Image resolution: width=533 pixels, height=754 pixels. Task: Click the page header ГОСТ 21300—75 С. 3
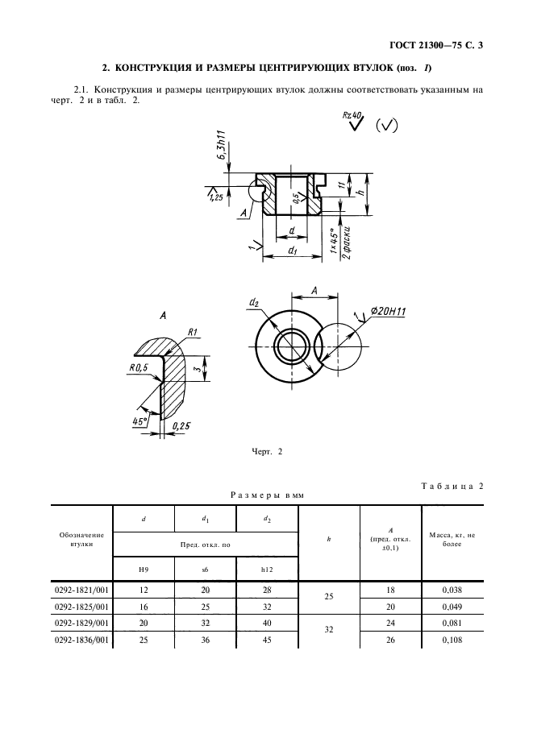coord(435,46)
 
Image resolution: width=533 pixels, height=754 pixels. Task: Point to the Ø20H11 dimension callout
coord(388,312)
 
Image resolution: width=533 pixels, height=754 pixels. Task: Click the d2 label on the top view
coord(254,302)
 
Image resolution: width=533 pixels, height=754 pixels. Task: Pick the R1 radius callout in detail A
coord(193,332)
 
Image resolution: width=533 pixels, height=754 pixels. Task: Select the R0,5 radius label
coord(139,368)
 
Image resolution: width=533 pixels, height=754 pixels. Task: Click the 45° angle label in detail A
coord(139,422)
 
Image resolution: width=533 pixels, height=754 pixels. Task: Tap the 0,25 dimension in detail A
coord(181,425)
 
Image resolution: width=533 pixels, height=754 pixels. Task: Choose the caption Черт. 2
coord(267,452)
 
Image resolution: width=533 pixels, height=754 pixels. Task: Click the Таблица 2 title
coord(452,486)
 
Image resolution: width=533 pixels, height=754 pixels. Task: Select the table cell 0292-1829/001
coord(82,623)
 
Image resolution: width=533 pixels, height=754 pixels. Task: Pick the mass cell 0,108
coord(452,640)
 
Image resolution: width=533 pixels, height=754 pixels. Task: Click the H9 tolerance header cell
coord(144,570)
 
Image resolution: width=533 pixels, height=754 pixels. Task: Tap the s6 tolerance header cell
coord(205,570)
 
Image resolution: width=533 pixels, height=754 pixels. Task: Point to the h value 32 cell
coord(329,629)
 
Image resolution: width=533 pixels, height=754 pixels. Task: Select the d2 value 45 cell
coord(267,640)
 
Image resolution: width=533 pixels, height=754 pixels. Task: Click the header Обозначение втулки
coord(81,540)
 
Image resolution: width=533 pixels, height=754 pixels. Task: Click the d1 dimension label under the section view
coord(292,250)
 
